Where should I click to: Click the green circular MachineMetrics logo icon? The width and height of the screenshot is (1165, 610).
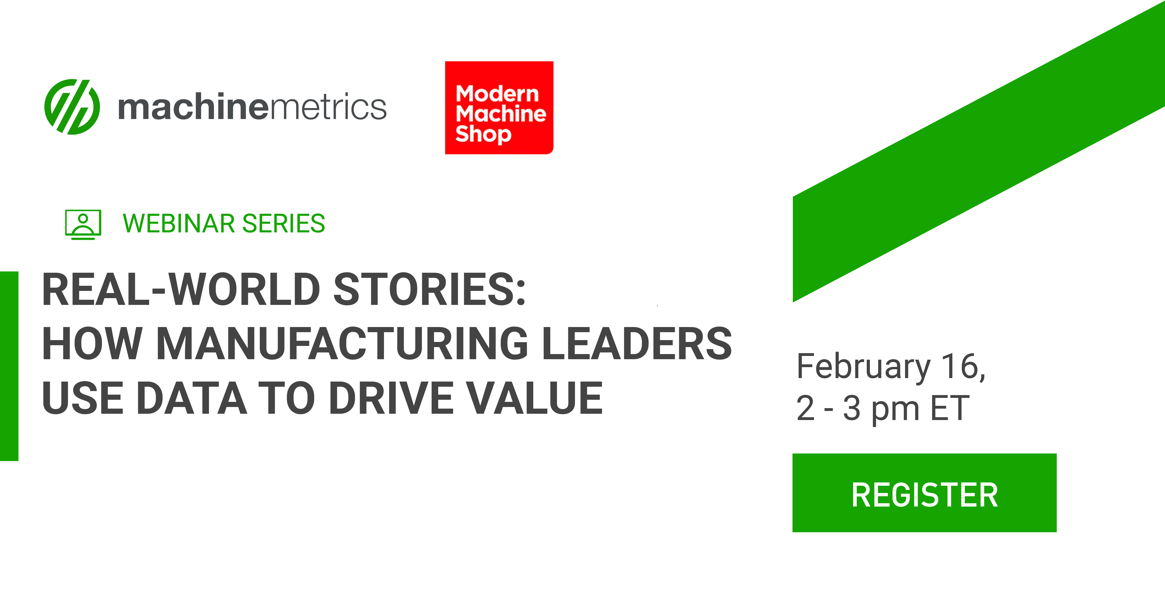pos(72,107)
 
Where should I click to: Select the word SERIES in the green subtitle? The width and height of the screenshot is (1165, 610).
pos(284,224)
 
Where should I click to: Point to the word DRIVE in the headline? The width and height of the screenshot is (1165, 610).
pos(392,398)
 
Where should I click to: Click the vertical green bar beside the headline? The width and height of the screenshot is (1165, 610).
pos(9,366)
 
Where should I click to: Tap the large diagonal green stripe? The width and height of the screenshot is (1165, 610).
pos(979,152)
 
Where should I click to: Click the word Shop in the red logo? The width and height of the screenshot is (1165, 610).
pos(483,134)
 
